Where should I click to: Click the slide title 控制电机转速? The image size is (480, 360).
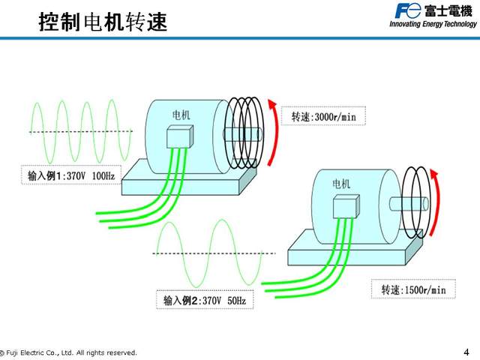(x=103, y=22)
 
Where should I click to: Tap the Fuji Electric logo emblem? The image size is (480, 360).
(x=409, y=10)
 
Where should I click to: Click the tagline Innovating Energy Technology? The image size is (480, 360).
(x=433, y=24)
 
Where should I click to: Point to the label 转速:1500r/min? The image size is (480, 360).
(x=413, y=289)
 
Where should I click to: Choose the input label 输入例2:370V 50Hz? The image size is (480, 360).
(x=205, y=301)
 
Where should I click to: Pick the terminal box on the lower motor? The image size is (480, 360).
(x=346, y=206)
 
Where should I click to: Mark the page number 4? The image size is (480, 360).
(x=466, y=352)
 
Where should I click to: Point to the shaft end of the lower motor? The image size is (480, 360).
(x=424, y=202)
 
